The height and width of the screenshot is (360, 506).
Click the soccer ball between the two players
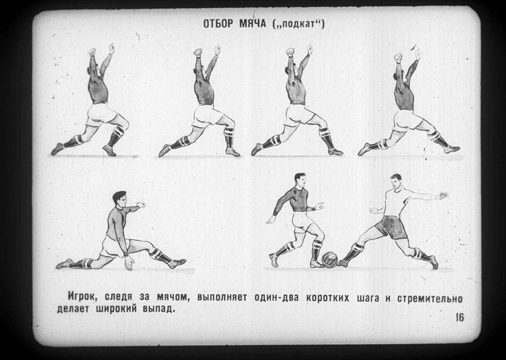tap(330, 260)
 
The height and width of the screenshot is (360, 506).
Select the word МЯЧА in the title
tap(252, 23)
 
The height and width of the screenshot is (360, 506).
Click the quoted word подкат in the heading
tap(298, 25)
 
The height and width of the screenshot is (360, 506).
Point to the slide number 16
tap(460, 318)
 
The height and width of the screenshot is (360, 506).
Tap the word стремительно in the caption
tap(430, 299)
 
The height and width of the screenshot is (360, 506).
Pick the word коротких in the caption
tap(327, 298)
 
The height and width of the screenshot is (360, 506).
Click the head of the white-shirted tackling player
tap(396, 182)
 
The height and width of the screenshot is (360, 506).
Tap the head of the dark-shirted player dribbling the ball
tap(300, 180)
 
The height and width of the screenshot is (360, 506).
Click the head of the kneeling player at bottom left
tap(120, 199)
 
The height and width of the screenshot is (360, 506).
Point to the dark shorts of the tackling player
tap(391, 227)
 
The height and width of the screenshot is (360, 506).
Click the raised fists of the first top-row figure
tap(101, 50)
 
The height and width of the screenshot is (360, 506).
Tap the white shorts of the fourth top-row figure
tap(406, 120)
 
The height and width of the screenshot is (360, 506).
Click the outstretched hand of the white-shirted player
tap(441, 196)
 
